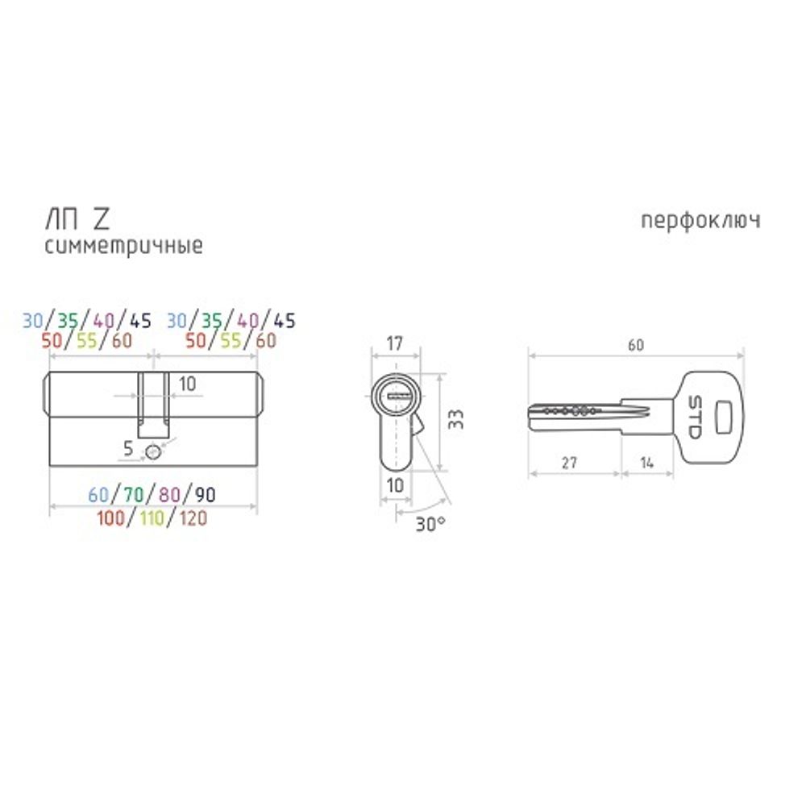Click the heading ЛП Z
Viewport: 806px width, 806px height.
[77, 220]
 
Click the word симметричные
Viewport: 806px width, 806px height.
[124, 246]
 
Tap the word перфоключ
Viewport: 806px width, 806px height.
[700, 221]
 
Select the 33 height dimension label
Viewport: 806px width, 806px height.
[456, 419]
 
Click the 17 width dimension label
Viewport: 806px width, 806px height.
[394, 343]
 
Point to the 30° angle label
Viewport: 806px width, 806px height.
[430, 525]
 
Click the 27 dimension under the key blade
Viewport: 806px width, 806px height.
[569, 463]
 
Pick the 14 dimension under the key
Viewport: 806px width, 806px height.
[647, 463]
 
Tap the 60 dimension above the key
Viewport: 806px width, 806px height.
[636, 345]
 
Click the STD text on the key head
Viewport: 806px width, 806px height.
[694, 418]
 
